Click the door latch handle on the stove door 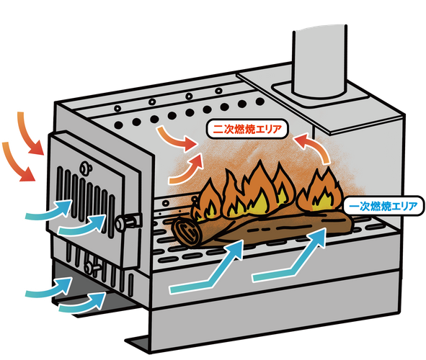tap(129, 220)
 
